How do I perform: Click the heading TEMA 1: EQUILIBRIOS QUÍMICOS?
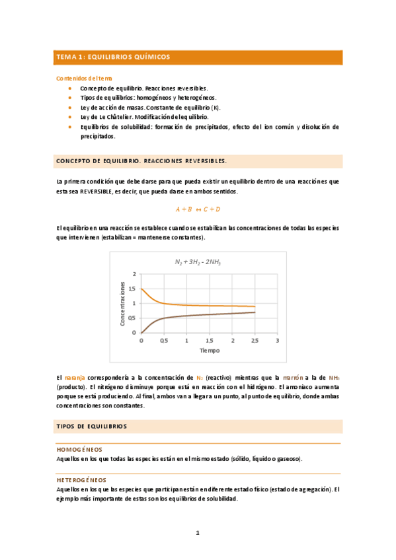point(112,57)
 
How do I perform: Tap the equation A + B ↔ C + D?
point(198,209)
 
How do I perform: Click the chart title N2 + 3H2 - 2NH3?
point(198,262)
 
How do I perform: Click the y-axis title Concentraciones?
point(122,303)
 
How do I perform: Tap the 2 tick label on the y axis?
point(134,274)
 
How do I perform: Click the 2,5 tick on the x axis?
point(255,341)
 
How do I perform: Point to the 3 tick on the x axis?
point(278,341)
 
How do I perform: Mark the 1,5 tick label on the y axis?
point(133,289)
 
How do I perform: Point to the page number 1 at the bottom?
point(197,532)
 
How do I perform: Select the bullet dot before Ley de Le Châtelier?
point(69,116)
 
